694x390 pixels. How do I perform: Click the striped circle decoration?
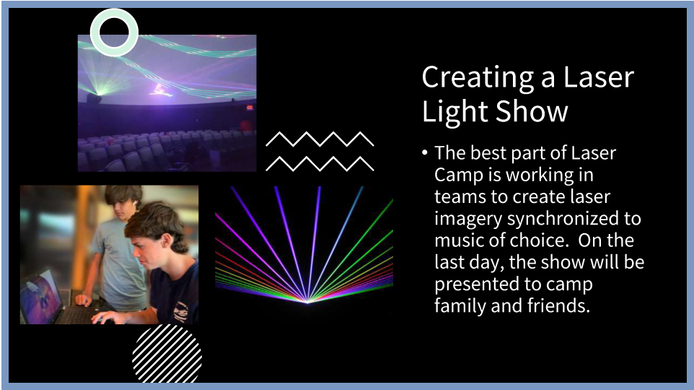[x=167, y=354]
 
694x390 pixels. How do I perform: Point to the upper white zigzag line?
[x=320, y=139]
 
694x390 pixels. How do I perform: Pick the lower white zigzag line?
[x=320, y=163]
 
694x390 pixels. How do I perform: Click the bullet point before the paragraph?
[x=424, y=153]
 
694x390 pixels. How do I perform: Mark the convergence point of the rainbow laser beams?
[x=307, y=302]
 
